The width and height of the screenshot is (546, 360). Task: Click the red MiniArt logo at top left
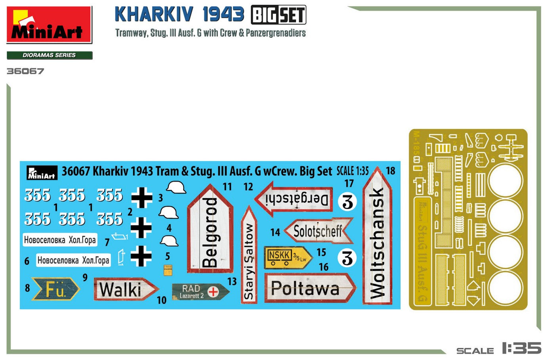click(49, 25)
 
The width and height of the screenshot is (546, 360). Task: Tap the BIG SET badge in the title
click(279, 15)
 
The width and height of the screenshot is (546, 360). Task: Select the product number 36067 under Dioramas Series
click(25, 71)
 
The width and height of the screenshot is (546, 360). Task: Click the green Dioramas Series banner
click(50, 56)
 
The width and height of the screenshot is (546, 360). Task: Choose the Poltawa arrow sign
click(309, 288)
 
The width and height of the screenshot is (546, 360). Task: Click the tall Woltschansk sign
click(377, 238)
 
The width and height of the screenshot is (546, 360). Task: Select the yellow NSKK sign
click(287, 257)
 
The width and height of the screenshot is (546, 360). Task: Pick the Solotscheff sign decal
click(318, 231)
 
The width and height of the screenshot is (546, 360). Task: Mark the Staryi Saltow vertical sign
click(249, 256)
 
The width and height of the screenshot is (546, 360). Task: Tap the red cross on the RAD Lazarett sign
click(213, 292)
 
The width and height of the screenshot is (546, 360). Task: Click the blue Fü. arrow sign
click(55, 289)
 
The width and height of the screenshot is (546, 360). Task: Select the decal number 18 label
click(391, 171)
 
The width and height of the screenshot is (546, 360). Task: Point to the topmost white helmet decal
click(176, 187)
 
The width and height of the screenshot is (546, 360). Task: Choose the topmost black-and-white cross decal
click(141, 197)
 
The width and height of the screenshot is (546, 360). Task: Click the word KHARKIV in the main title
click(155, 15)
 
